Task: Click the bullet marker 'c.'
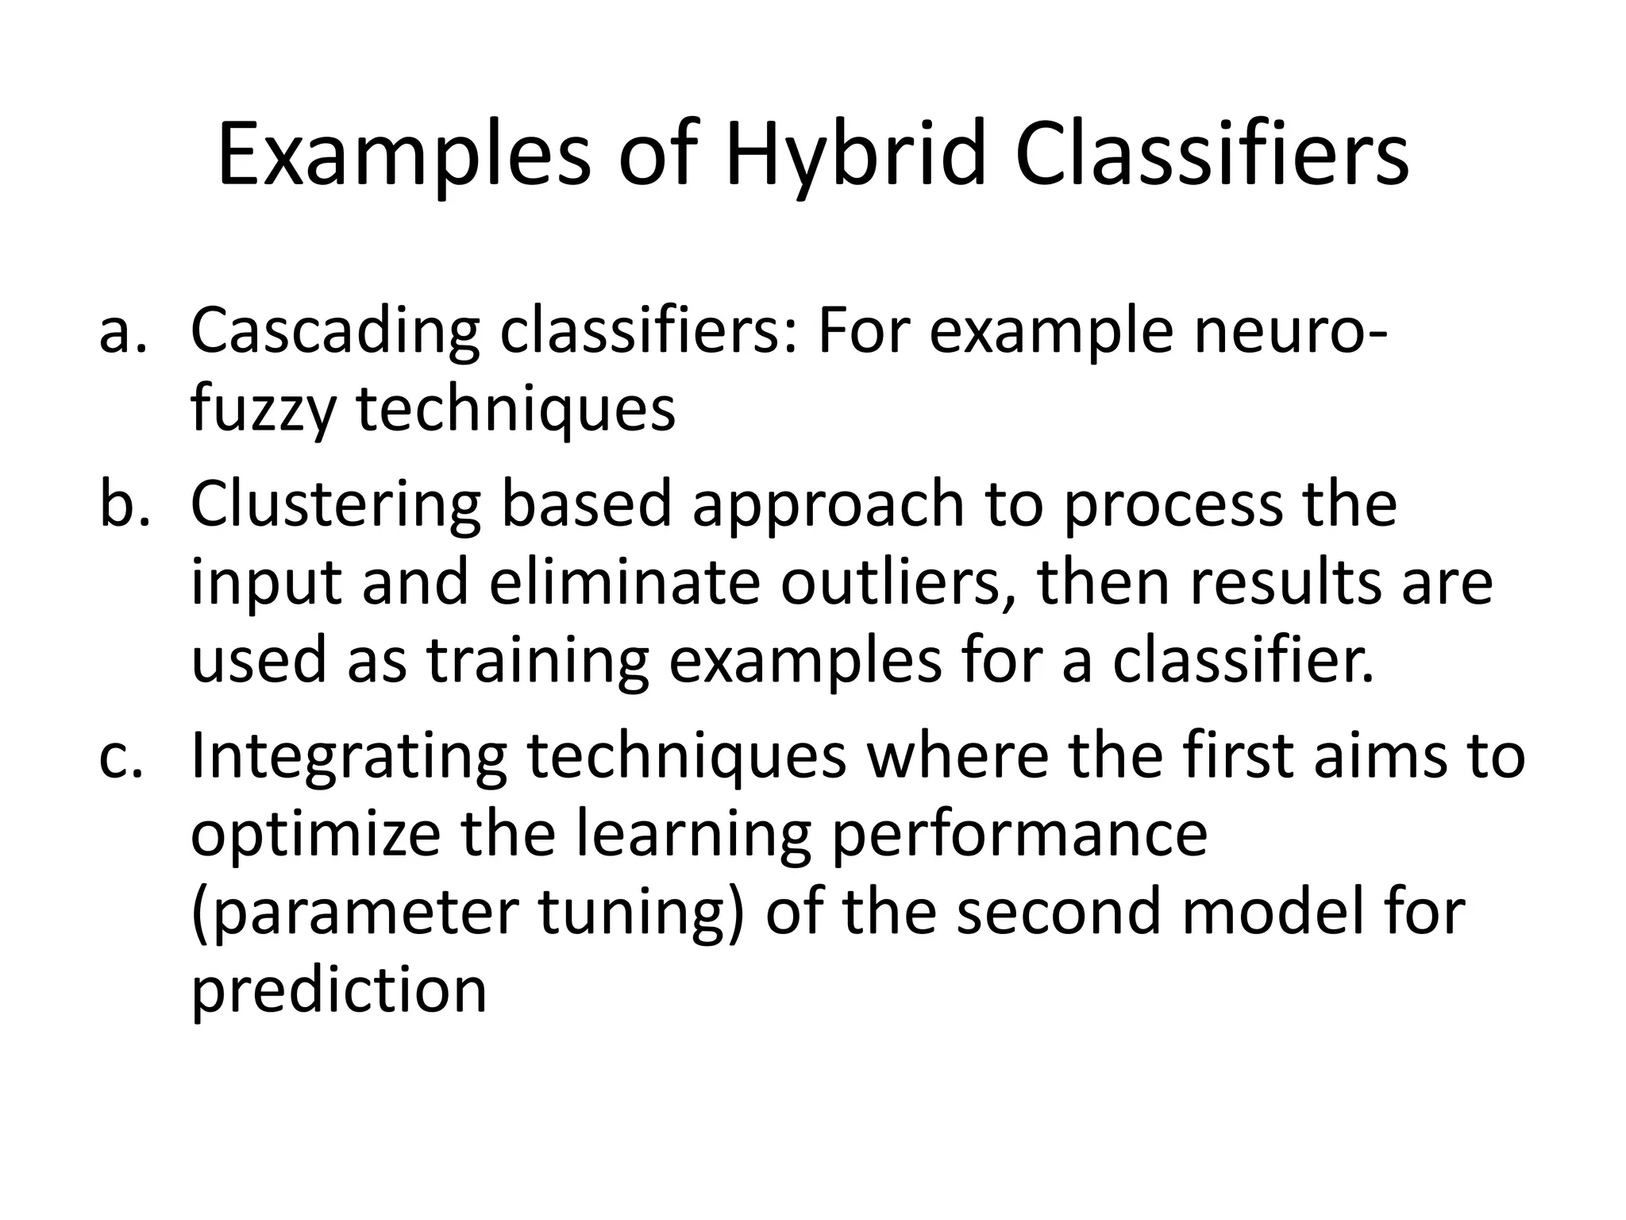(x=123, y=756)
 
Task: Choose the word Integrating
(x=349, y=757)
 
